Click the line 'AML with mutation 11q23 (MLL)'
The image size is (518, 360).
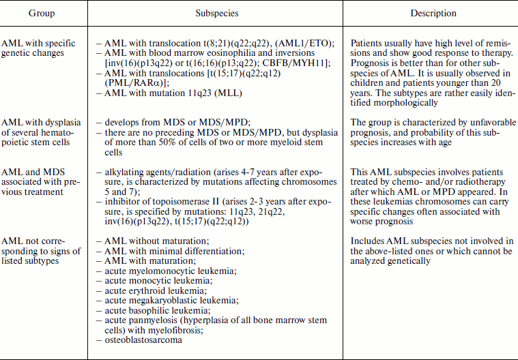(x=169, y=93)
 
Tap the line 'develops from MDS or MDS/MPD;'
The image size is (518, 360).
(x=163, y=123)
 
